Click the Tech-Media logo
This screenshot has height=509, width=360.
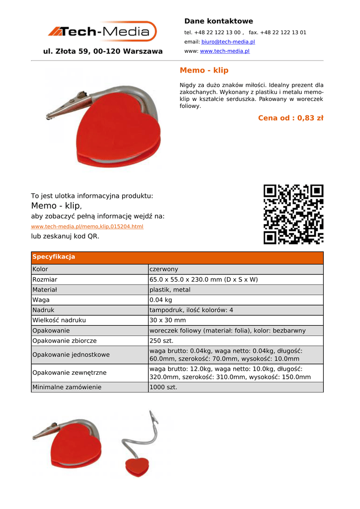pyautogui.click(x=102, y=31)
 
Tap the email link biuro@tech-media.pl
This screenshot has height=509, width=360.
pyautogui.click(x=228, y=42)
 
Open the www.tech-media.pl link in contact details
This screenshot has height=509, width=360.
pyautogui.click(x=224, y=51)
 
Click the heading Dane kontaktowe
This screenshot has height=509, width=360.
pyautogui.click(x=218, y=21)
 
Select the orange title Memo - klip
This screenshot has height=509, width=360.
pyautogui.click(x=204, y=71)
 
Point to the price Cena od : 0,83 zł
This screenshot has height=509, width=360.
pyautogui.click(x=290, y=118)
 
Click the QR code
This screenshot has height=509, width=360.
pyautogui.click(x=293, y=214)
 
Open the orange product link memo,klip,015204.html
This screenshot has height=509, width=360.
pyautogui.click(x=87, y=227)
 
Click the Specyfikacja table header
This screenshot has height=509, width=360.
pyautogui.click(x=54, y=257)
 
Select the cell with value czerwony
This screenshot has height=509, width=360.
pyautogui.click(x=164, y=269)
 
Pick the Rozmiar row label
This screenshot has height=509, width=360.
pyautogui.click(x=45, y=280)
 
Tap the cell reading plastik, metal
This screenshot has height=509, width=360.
pyautogui.click(x=170, y=290)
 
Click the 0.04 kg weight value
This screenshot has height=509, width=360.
pyautogui.click(x=161, y=300)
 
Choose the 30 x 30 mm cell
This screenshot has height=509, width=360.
pyautogui.click(x=168, y=321)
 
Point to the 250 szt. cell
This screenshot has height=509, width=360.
pyautogui.click(x=161, y=341)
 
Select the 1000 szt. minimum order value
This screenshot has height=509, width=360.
pyautogui.click(x=163, y=387)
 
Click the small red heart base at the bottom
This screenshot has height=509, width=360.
pyautogui.click(x=137, y=467)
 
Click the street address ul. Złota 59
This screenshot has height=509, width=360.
pyautogui.click(x=102, y=51)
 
